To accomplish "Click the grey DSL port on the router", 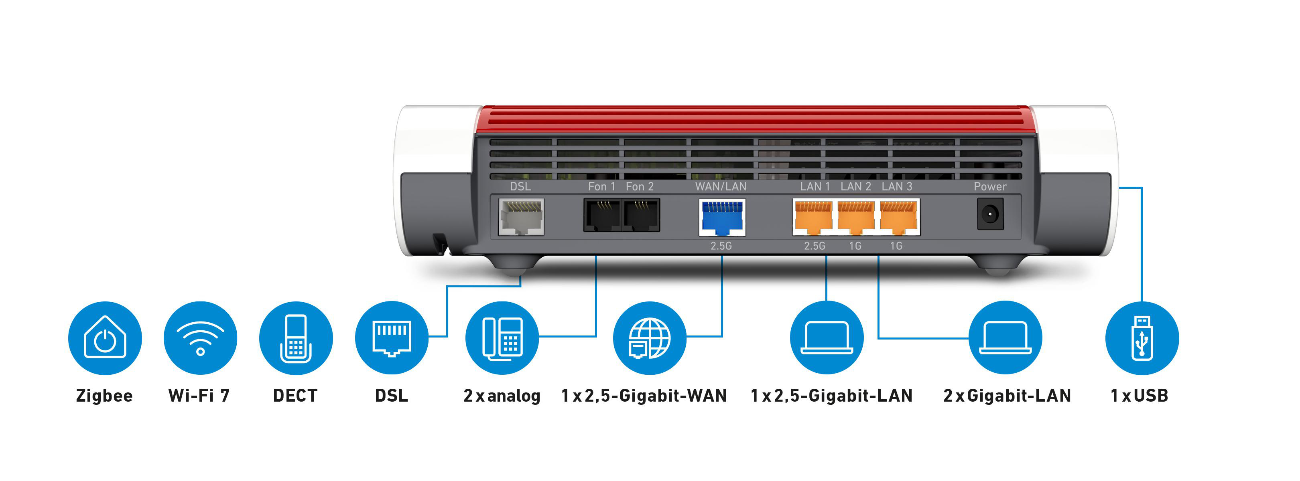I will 521,217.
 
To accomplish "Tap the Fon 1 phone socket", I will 602,215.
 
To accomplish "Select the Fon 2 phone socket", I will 641,215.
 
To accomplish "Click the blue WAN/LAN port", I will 722,217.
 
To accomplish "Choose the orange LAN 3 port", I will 898,217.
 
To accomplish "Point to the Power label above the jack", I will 989,186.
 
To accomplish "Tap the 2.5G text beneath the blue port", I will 721,246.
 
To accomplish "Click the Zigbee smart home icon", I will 105,338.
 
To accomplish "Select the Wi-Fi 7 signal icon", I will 200,338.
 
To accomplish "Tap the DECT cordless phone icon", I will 296,338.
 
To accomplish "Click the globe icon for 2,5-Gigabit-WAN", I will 650,338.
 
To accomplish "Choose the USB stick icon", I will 1142,338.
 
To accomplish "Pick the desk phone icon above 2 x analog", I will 502,338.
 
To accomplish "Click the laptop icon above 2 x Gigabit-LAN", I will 1005,338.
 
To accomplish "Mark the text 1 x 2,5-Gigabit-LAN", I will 831,396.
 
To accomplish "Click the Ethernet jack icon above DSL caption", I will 392,338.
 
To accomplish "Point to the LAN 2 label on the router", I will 855,186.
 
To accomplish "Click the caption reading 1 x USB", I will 1139,396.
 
